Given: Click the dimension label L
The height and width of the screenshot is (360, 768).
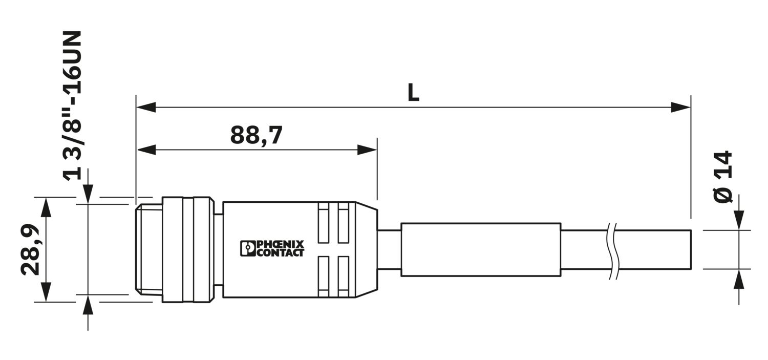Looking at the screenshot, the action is (414, 93).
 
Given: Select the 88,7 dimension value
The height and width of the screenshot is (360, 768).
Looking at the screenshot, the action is (256, 135).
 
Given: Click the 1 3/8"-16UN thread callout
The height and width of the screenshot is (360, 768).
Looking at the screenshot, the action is (72, 105).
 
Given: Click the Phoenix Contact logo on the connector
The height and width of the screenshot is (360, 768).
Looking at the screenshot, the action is (272, 248).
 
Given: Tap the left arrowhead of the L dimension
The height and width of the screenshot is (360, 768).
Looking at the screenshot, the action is (146, 108).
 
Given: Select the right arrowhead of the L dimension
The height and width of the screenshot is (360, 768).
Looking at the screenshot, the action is (680, 108).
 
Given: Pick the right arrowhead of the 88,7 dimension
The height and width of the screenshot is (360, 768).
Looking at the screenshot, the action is (367, 150).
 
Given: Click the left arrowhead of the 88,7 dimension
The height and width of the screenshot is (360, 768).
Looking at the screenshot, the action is (146, 150).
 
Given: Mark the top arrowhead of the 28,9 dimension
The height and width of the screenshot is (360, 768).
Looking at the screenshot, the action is (46, 207).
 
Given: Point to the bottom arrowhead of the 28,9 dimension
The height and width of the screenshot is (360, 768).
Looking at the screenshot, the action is (46, 292).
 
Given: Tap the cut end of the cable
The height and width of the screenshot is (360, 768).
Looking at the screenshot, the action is (691, 249).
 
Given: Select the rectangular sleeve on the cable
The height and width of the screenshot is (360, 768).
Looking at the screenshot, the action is (481, 249).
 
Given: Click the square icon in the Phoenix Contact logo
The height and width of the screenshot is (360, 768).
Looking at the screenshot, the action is (247, 248).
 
